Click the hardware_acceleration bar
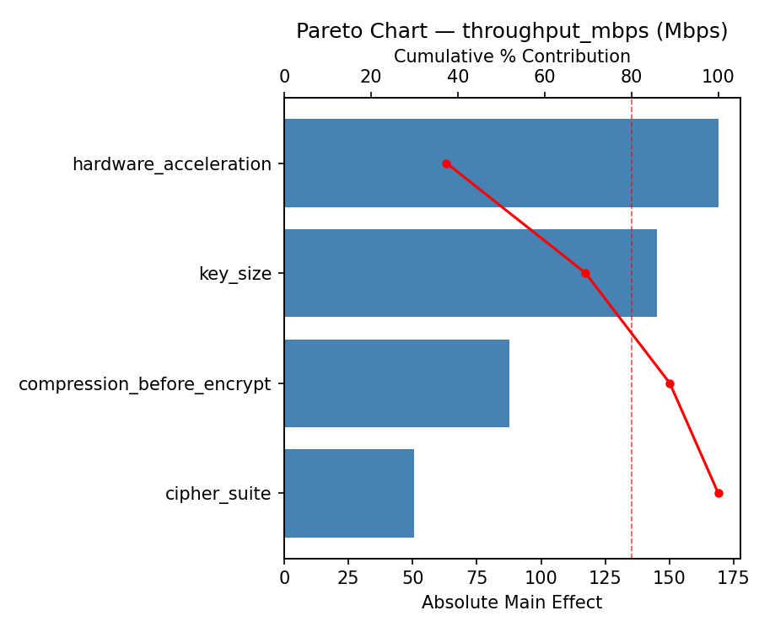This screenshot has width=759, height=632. pyautogui.click(x=501, y=163)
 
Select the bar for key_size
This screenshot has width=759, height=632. pyautogui.click(x=471, y=273)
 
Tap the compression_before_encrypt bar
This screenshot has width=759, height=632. pyautogui.click(x=396, y=383)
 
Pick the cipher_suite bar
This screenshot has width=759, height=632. pyautogui.click(x=349, y=493)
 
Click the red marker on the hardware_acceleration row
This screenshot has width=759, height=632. pyautogui.click(x=446, y=163)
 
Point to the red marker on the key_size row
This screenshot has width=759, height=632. pyautogui.click(x=585, y=273)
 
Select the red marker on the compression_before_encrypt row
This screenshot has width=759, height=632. pyautogui.click(x=670, y=383)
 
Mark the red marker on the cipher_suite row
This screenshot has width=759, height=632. pyautogui.click(x=719, y=493)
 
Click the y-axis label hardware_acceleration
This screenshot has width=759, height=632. pyautogui.click(x=172, y=164)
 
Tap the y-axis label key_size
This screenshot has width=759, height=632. pyautogui.click(x=235, y=274)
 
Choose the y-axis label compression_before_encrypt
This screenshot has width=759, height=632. pyautogui.click(x=145, y=384)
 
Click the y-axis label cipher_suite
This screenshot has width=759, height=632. pyautogui.click(x=218, y=494)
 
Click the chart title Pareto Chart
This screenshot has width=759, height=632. pyautogui.click(x=512, y=31)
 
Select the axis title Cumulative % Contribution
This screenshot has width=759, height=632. pyautogui.click(x=512, y=56)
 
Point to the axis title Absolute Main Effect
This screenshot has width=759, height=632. pyautogui.click(x=512, y=603)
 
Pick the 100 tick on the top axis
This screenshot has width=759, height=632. pyautogui.click(x=719, y=77)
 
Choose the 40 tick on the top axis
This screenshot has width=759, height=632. pyautogui.click(x=458, y=77)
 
